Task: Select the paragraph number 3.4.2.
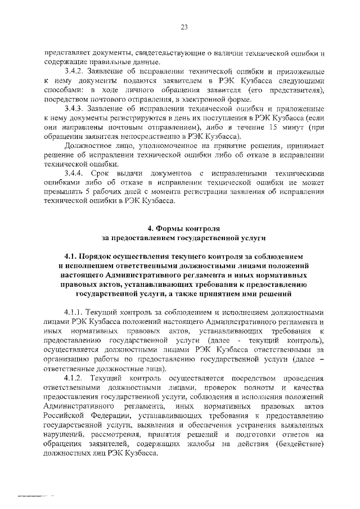pyautogui.click(x=75, y=73)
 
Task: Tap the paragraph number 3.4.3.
pyautogui.click(x=75, y=108)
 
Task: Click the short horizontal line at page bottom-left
pyautogui.click(x=35, y=497)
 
